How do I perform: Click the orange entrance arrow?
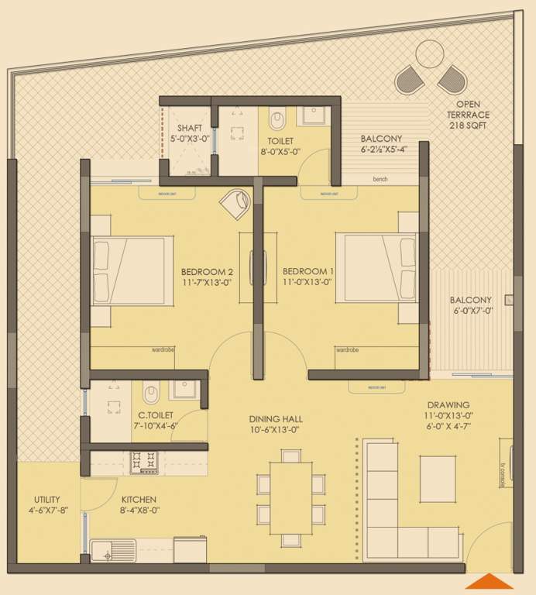pos(490,581)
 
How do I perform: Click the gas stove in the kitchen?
pos(144,463)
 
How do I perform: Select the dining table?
pos(290,497)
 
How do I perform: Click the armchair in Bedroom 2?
pos(235,205)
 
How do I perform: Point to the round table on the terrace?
pos(428,53)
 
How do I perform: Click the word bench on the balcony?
pos(380,180)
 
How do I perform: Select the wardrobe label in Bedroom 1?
pos(347,350)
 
